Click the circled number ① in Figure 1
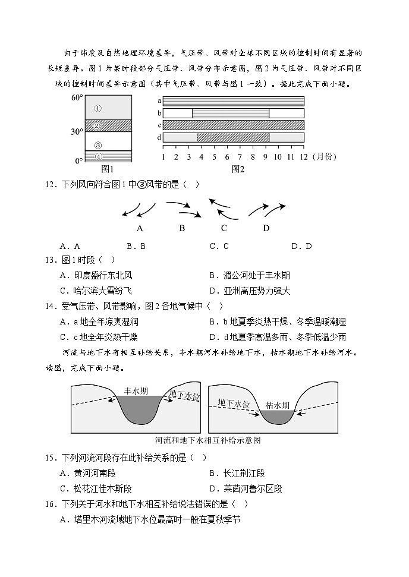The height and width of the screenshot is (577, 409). tap(97, 108)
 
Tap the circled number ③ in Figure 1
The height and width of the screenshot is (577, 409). tap(98, 144)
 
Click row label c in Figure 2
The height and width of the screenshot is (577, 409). tap(159, 125)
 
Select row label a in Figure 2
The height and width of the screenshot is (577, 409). tap(159, 101)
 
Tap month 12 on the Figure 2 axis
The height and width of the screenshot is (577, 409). tap(304, 156)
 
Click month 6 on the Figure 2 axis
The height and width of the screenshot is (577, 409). tap(227, 156)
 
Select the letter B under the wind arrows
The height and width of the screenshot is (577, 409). tap(182, 228)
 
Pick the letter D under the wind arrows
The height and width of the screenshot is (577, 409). tap(266, 228)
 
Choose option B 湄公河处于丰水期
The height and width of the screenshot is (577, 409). tap(250, 275)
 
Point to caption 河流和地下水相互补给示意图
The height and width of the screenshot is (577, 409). tap(207, 440)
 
